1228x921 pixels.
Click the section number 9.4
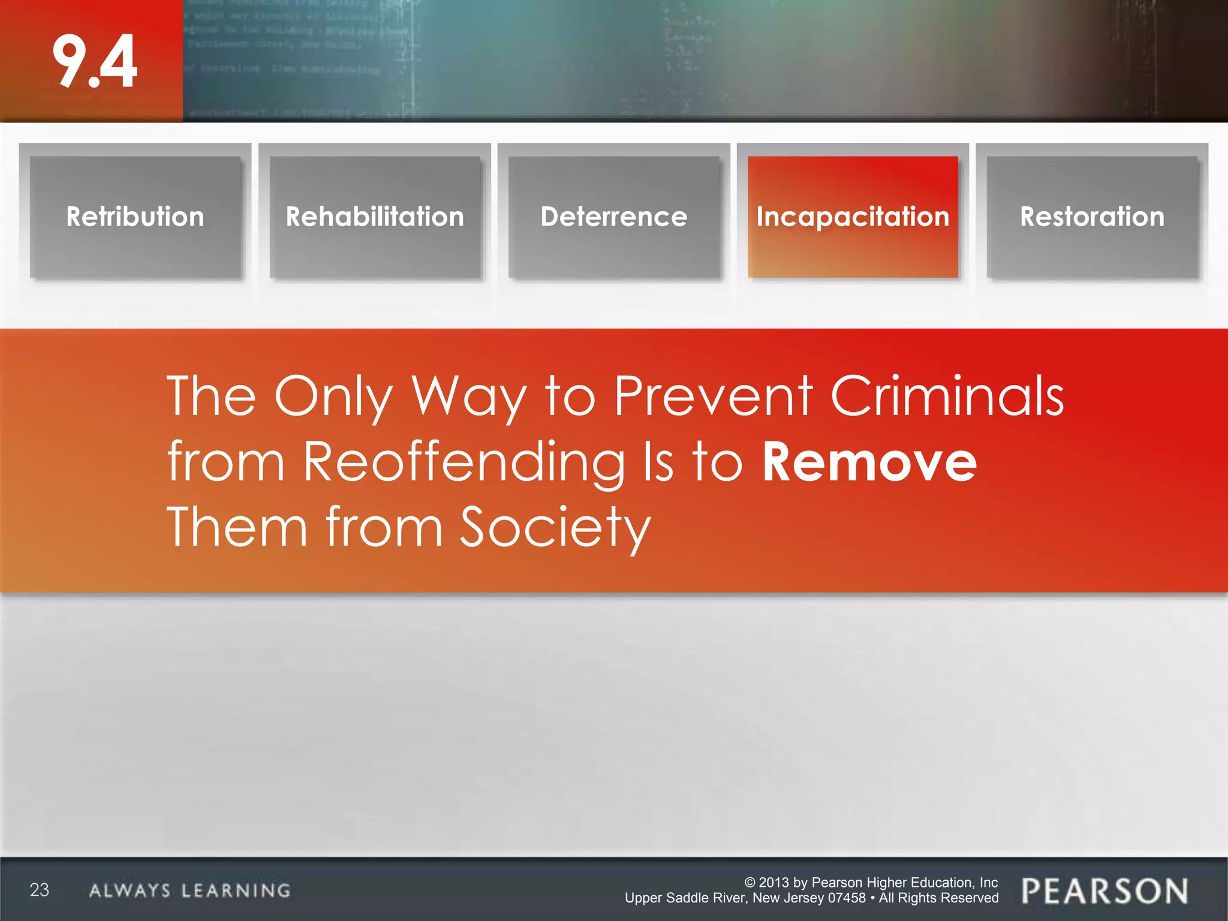pos(95,61)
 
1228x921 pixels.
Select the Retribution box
pos(136,217)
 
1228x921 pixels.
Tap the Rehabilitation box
pos(375,217)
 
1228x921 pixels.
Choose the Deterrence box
pos(614,217)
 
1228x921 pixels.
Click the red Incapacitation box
pos(853,217)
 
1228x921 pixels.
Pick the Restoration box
pos(1092,217)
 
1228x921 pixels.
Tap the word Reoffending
pos(463,463)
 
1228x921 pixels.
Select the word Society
pos(555,528)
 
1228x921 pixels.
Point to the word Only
pos(333,397)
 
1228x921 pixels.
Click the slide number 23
pos(40,890)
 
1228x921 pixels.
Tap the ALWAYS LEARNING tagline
pos(189,890)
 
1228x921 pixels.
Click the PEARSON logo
pos(1104,891)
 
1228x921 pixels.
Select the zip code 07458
pos(847,898)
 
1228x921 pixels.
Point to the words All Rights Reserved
pos(938,898)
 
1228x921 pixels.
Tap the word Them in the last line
pos(237,528)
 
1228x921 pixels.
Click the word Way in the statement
pos(468,397)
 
